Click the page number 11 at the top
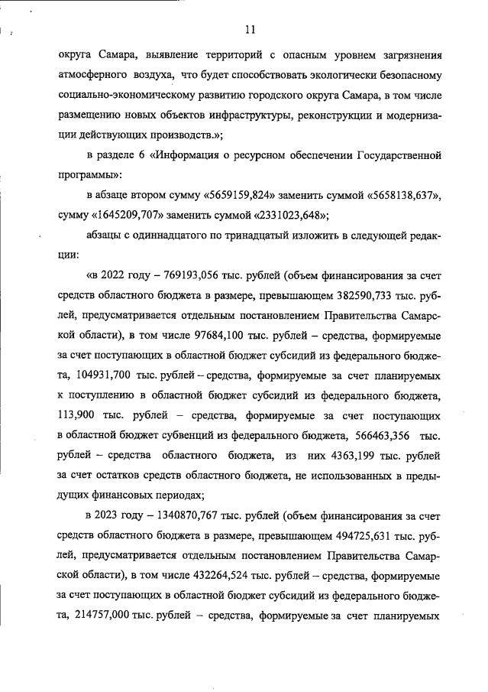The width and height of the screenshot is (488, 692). point(250,30)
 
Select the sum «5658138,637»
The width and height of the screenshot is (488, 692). point(398,195)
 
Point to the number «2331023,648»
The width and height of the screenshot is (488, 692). point(287,214)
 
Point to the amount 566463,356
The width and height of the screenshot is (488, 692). point(380,434)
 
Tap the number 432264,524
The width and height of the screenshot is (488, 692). point(216,573)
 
